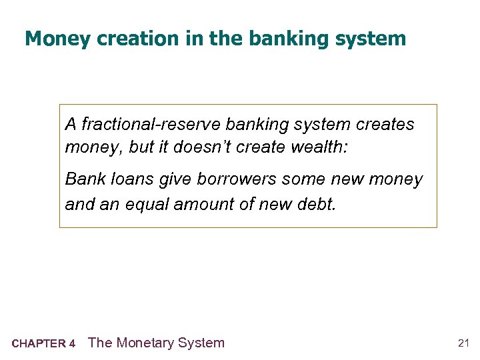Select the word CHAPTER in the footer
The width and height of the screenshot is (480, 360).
click(x=39, y=344)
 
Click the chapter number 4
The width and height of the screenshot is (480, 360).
click(x=72, y=344)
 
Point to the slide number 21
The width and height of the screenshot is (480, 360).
click(x=464, y=343)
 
